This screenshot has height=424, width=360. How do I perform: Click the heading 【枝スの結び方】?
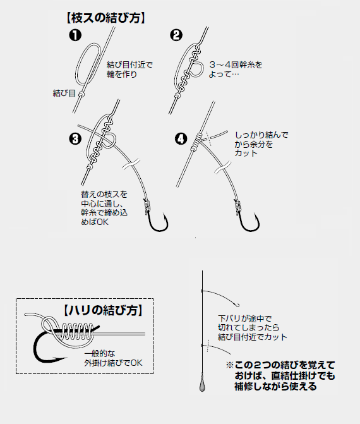coord(106,17)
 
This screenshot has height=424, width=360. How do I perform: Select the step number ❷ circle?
coord(176,35)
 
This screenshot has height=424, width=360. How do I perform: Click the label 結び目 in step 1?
coord(64,94)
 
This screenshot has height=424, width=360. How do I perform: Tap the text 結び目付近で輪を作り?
coord(130,70)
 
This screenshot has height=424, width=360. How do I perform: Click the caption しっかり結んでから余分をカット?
coord(261,144)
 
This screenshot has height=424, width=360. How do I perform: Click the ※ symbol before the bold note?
coord(229,366)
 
